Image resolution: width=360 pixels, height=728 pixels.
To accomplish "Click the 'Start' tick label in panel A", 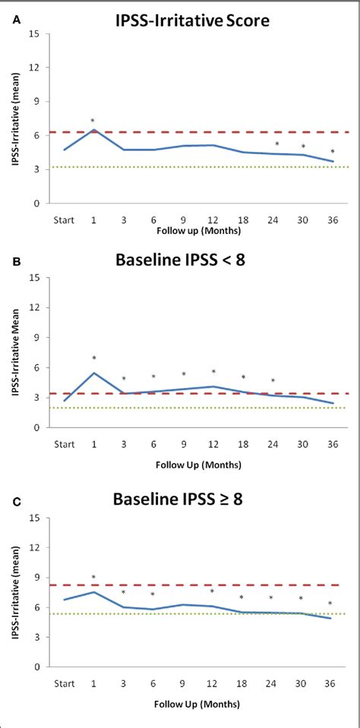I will pyautogui.click(x=63, y=220).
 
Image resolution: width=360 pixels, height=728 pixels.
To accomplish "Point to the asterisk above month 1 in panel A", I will pyautogui.click(x=93, y=121).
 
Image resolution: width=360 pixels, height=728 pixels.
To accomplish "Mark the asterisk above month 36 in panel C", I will pyautogui.click(x=330, y=604).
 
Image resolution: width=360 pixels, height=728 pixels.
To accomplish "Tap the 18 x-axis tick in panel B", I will pyautogui.click(x=243, y=445).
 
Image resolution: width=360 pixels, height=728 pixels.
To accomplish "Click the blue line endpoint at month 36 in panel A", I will pyautogui.click(x=333, y=161).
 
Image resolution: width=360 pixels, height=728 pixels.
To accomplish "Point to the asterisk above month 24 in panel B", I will pyautogui.click(x=273, y=381).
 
